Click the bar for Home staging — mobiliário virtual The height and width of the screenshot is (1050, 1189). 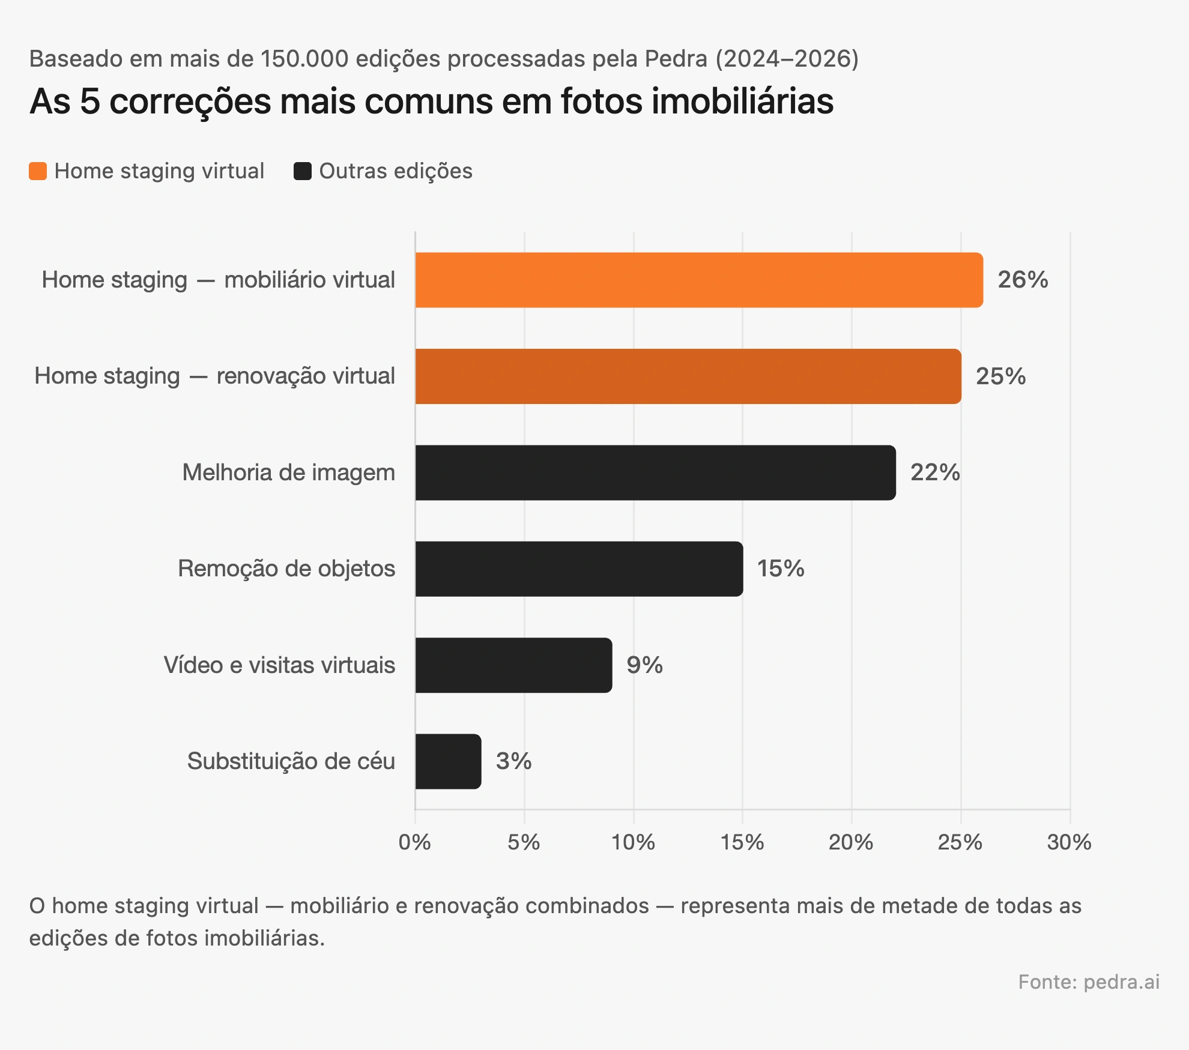coord(698,280)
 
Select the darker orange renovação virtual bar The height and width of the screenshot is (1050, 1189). coord(688,376)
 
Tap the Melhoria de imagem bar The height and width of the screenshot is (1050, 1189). coord(655,472)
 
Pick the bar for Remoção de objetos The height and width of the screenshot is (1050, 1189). coord(578,569)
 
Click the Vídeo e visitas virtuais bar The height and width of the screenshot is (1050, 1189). coord(513,665)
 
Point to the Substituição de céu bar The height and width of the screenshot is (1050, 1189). coord(448,761)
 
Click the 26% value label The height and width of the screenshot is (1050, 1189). coord(1023,280)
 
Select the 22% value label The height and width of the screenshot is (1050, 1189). coord(935,472)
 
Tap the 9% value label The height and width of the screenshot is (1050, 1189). coord(644,665)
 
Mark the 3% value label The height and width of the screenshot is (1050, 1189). coord(513,761)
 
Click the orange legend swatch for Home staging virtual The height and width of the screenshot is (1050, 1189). coord(38,171)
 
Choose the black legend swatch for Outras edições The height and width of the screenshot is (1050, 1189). coord(303,171)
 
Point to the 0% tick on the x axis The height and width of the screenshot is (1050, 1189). coord(414,842)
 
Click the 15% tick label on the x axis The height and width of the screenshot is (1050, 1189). coord(742,842)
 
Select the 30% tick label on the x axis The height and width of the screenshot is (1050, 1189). coord(1069,842)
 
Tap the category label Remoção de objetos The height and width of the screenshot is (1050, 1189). coord(286,569)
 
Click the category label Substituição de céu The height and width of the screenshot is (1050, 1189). coord(291,761)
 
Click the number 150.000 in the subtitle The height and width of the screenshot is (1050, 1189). coord(304,59)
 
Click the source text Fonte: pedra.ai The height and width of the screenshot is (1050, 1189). coord(1088,982)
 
